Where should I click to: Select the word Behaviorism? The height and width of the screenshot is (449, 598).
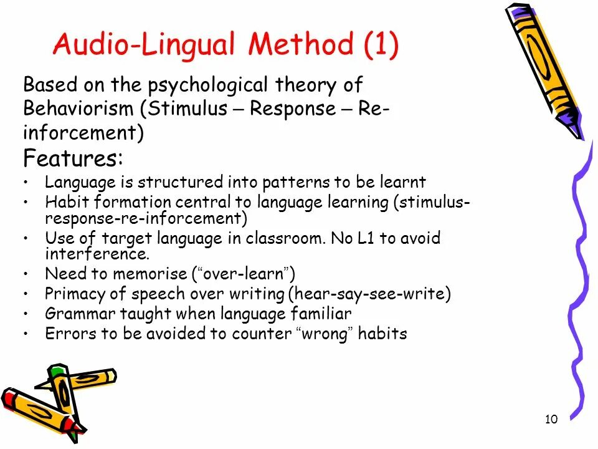pos(78,109)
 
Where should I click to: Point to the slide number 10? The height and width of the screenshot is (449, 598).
pos(551,419)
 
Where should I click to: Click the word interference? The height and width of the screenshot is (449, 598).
pos(97,254)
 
